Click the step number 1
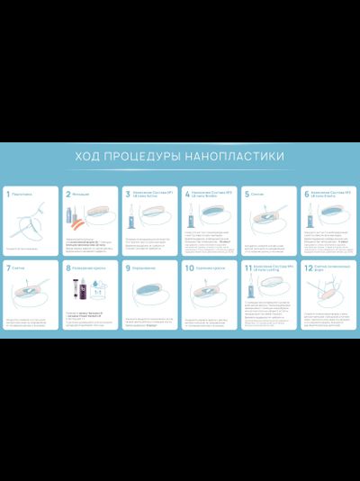click(8, 194)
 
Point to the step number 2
click(67, 194)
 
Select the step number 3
click(128, 194)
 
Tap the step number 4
click(187, 194)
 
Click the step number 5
click(247, 194)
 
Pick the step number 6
click(307, 194)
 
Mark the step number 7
click(8, 268)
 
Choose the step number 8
click(67, 268)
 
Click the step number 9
click(128, 268)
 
